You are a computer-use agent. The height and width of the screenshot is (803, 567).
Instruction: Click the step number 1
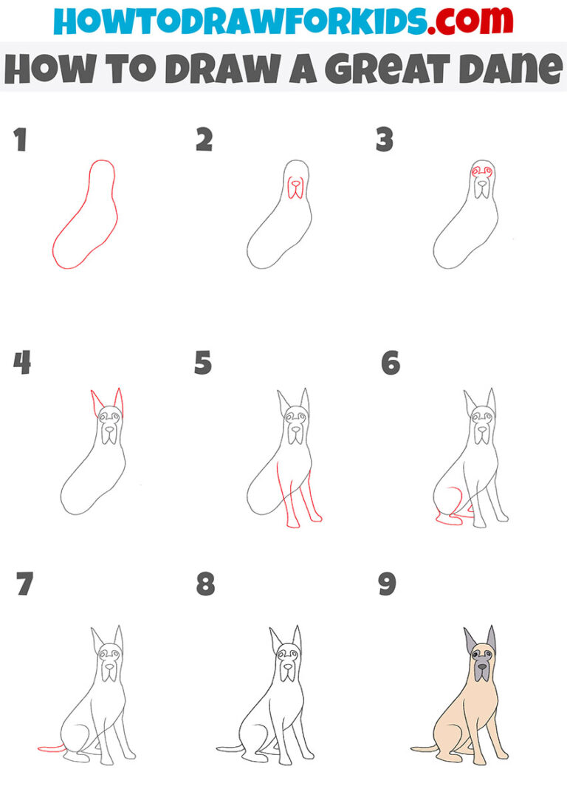click(x=20, y=140)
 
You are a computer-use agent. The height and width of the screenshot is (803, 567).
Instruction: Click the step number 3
click(x=384, y=140)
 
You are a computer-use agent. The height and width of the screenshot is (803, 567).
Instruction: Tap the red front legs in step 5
click(x=303, y=495)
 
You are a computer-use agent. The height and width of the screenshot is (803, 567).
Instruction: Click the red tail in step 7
click(x=50, y=748)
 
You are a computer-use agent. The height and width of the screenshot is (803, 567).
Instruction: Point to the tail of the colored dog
click(x=424, y=748)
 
